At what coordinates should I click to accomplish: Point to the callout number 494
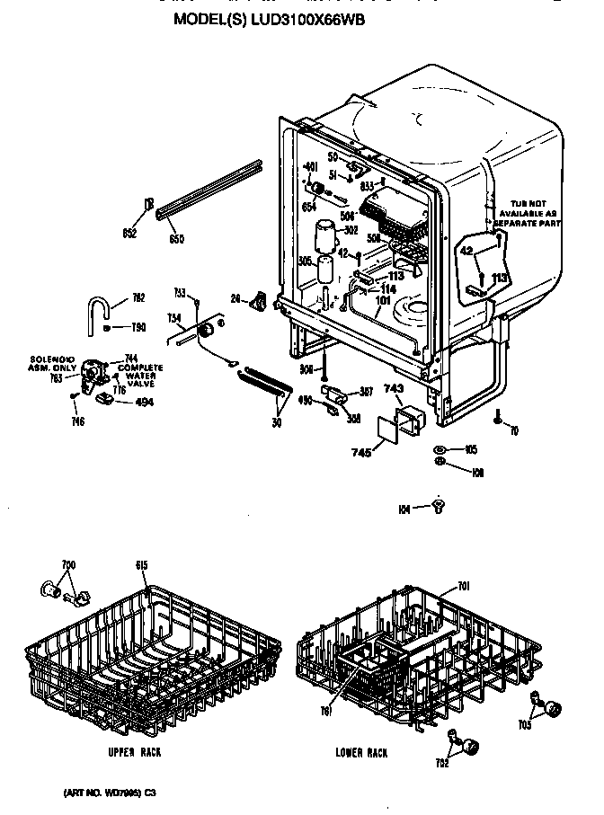point(144,402)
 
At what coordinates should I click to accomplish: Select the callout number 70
point(513,432)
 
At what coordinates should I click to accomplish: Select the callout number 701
point(463,588)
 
